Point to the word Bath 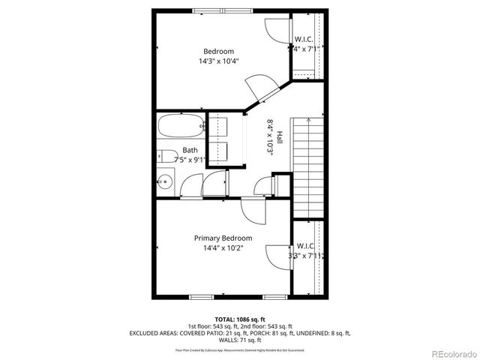pos(190,150)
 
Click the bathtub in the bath pos(181,125)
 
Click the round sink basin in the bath pos(165,181)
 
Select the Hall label pos(280,138)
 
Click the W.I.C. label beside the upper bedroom pos(304,39)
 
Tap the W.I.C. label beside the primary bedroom pos(306,246)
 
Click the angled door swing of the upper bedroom pos(262,87)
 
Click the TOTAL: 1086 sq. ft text pos(239,319)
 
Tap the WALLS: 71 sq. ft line pos(239,340)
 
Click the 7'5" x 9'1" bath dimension pos(190,160)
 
